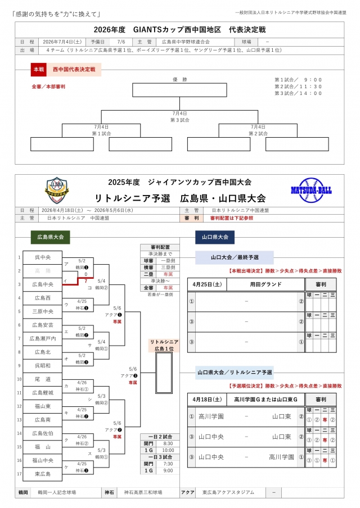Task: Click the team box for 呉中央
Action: pyautogui.click(x=42, y=257)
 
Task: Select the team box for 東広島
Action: pyautogui.click(x=42, y=474)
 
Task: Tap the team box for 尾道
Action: pyautogui.click(x=42, y=379)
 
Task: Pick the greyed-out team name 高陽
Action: pyautogui.click(x=42, y=271)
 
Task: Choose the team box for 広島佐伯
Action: pyautogui.click(x=42, y=433)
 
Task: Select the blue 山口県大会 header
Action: pyautogui.click(x=215, y=238)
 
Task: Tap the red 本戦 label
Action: pyautogui.click(x=38, y=70)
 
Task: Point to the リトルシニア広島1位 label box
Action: pyautogui.click(x=164, y=345)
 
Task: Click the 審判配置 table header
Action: pyautogui.click(x=160, y=247)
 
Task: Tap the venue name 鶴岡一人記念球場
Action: pyautogui.click(x=56, y=492)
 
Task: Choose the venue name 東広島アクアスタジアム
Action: pyautogui.click(x=228, y=492)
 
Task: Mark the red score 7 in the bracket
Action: pyautogui.click(x=86, y=280)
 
